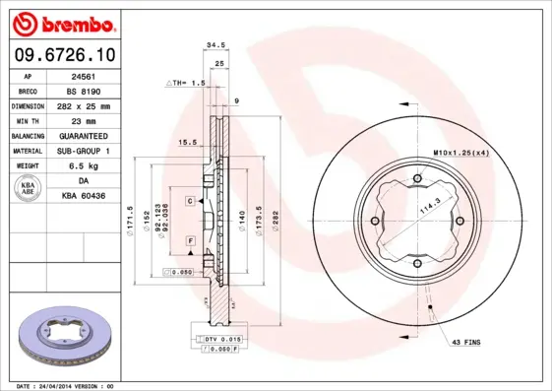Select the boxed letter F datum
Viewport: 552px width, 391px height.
point(189,239)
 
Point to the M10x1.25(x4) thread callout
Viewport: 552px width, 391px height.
point(460,152)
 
